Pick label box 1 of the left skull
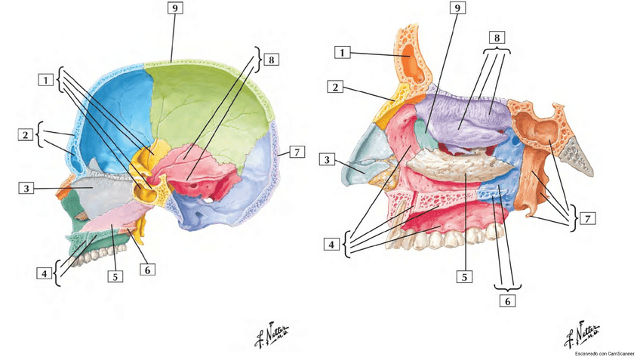(47, 79)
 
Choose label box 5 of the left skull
(115, 275)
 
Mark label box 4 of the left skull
(46, 272)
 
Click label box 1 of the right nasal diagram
(343, 53)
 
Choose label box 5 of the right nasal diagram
(466, 276)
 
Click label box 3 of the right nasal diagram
(328, 160)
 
